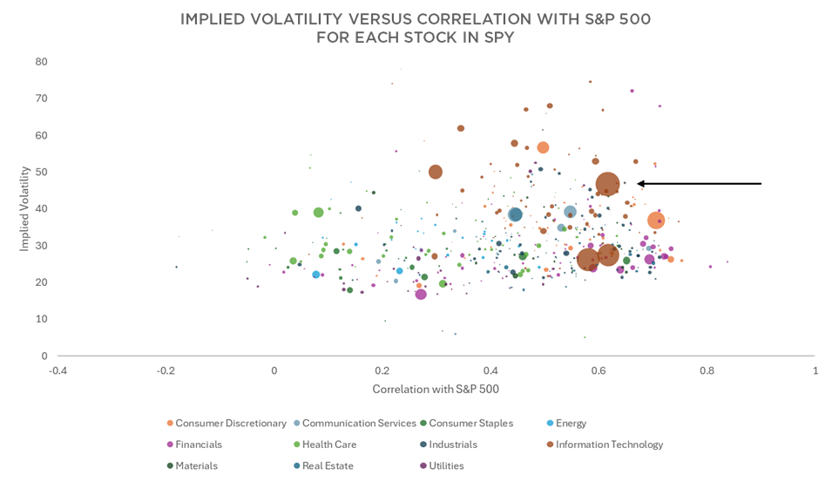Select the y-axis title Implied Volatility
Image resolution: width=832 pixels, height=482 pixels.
point(25,208)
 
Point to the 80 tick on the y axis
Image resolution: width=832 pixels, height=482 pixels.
point(41,62)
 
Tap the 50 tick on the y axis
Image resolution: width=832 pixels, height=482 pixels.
point(41,173)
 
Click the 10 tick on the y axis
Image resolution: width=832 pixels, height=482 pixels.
point(41,319)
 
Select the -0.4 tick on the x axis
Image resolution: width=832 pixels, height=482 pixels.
point(57,370)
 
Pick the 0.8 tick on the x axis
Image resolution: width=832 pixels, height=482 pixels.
point(707,370)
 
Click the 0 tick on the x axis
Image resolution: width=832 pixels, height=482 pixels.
point(274,370)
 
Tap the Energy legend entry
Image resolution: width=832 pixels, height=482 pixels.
point(571,424)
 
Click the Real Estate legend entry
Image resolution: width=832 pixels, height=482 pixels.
point(328,465)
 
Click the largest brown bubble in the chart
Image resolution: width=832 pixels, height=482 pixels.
point(607,185)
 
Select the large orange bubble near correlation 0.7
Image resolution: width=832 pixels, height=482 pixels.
point(656,221)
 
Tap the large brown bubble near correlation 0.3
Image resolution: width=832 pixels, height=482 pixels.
point(436,173)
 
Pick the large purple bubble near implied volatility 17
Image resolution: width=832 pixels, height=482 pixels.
point(421,295)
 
